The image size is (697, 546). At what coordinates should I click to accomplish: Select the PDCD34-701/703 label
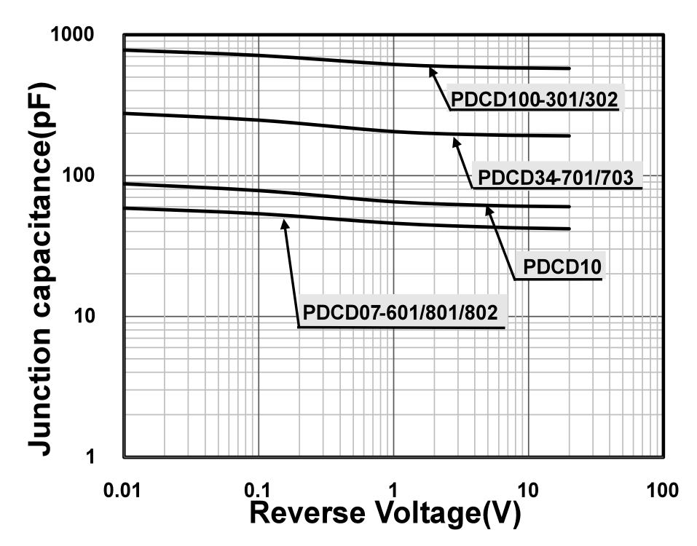tap(556, 177)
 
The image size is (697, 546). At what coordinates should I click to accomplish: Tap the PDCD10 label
tap(559, 268)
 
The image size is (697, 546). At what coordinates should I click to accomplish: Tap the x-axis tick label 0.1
tap(259, 489)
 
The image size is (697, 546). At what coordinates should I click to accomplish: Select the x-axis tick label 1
tap(393, 489)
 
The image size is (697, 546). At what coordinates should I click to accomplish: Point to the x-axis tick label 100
tap(662, 489)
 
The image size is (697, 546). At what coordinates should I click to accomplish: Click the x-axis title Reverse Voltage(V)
tap(385, 514)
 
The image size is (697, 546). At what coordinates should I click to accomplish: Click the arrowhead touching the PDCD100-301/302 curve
tap(431, 70)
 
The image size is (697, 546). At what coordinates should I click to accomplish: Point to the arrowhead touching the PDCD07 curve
tap(285, 222)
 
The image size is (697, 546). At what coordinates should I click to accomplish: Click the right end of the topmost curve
tap(569, 68)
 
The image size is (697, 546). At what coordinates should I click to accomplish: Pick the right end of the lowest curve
tap(569, 229)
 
